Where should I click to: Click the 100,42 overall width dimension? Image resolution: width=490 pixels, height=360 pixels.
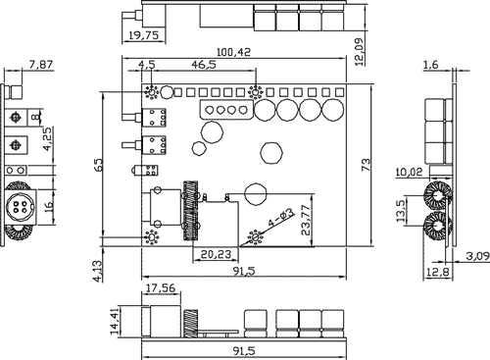[233, 52]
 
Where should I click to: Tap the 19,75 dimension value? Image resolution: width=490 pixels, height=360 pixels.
[143, 35]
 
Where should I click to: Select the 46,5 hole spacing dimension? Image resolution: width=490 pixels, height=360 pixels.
[204, 65]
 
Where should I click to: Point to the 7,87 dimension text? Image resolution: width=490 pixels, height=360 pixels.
[41, 65]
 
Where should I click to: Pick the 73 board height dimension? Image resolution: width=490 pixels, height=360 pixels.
[367, 165]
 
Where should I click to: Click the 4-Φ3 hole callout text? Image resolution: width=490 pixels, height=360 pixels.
[281, 218]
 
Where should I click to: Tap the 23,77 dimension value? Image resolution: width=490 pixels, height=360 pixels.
[307, 220]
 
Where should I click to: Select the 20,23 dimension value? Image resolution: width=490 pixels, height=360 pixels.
[216, 254]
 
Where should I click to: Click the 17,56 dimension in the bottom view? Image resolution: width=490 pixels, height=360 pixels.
[161, 288]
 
